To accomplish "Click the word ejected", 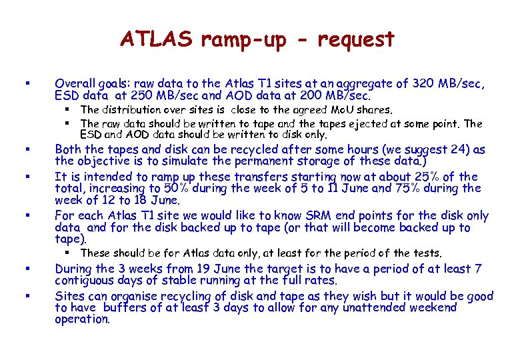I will [x=367, y=123].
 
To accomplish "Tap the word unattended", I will [x=363, y=307].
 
